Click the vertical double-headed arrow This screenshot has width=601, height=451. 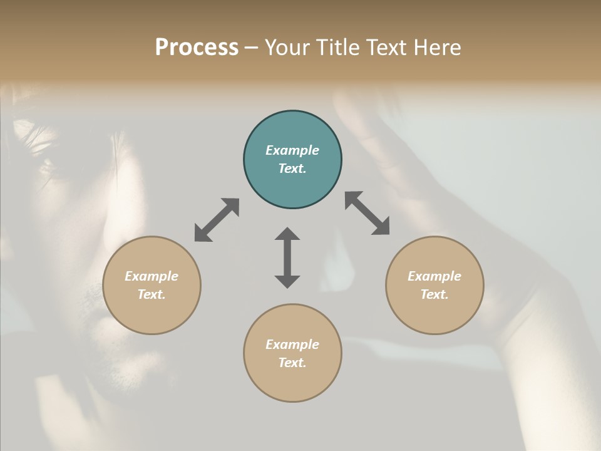tap(287, 257)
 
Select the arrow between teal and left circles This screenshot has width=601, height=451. tap(217, 220)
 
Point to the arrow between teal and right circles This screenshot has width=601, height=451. tap(367, 213)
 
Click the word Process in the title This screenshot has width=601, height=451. tap(197, 48)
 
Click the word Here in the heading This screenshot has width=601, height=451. tap(438, 48)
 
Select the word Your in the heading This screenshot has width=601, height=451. tap(288, 48)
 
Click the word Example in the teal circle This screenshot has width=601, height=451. tap(292, 150)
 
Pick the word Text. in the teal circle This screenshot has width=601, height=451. tap(292, 168)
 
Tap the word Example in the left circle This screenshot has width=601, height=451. tap(152, 276)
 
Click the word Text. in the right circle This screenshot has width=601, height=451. tap(434, 294)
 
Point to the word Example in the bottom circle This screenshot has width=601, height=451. tap(292, 345)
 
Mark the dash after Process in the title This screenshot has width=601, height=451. tap(252, 48)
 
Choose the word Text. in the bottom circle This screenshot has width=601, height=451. tap(292, 363)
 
